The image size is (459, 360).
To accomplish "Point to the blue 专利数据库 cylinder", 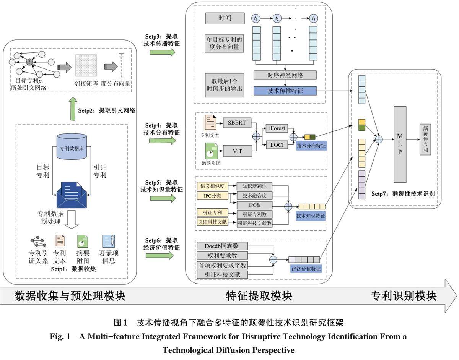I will tap(72, 147).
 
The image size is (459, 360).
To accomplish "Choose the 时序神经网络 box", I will tap(285, 75).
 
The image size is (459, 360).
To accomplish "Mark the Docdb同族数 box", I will tap(222, 245).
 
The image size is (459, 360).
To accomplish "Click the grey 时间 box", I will tap(224, 18).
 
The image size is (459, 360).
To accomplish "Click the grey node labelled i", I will tap(29, 62).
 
